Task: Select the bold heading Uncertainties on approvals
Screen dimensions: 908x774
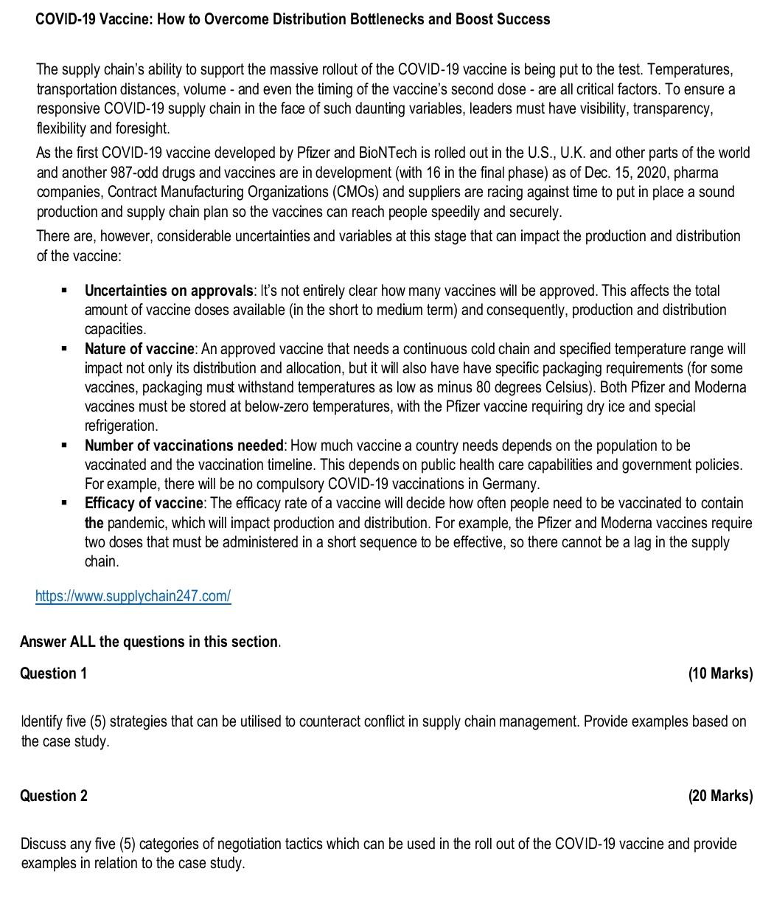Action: click(169, 291)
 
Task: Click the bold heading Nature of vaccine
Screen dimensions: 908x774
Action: click(139, 349)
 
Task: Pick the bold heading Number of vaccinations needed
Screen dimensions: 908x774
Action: click(184, 446)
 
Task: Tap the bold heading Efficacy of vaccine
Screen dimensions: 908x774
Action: click(143, 503)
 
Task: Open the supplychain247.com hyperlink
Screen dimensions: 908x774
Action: click(133, 596)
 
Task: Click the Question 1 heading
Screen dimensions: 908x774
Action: click(53, 673)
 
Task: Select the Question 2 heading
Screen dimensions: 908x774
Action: click(53, 796)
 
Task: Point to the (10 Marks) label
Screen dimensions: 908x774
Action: click(720, 673)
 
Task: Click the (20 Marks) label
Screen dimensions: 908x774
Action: click(720, 796)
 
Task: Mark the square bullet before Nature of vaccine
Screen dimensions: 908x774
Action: click(65, 348)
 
